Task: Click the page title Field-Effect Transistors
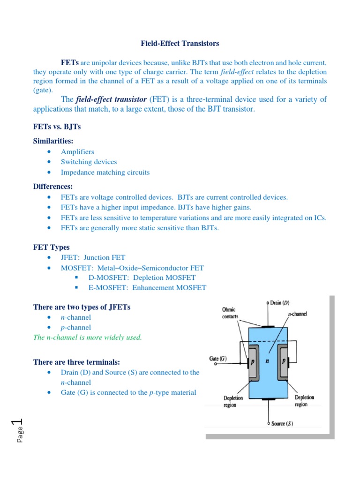(x=180, y=44)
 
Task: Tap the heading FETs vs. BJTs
(x=57, y=127)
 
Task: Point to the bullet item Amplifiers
(x=77, y=152)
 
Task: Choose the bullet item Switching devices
(x=89, y=162)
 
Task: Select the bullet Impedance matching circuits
(x=105, y=172)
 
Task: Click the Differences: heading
(x=53, y=186)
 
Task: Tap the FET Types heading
(x=51, y=247)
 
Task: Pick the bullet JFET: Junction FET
(x=93, y=257)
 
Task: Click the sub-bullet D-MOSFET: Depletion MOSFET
(x=142, y=277)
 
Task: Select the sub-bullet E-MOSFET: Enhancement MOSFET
(x=147, y=288)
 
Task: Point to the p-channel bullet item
(x=76, y=328)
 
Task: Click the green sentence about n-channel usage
(x=87, y=337)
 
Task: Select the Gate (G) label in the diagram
(x=218, y=359)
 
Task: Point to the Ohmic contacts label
(x=229, y=313)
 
